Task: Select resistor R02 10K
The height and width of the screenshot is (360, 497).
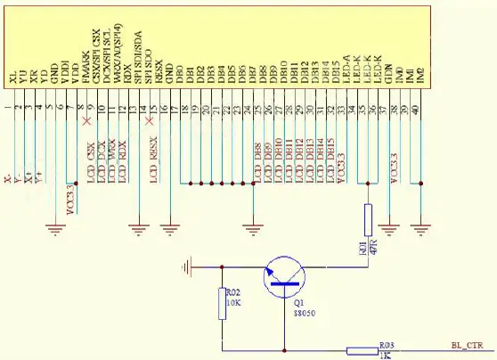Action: pos(222,305)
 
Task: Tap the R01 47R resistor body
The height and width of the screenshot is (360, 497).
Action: pos(367,218)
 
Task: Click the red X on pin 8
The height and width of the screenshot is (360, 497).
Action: pos(86,119)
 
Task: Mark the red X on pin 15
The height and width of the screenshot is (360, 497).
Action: pos(148,119)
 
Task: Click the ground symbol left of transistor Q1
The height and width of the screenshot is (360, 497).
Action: pos(187,266)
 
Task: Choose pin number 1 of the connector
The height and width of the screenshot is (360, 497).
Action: pos(8,109)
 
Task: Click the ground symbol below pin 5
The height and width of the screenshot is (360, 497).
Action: pos(56,230)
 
